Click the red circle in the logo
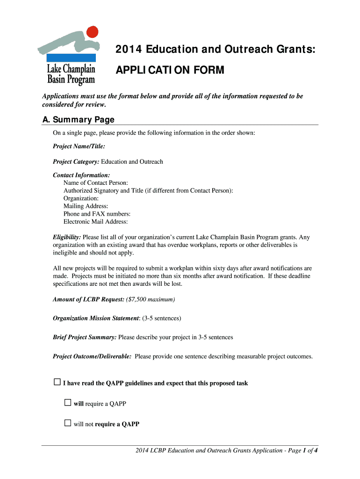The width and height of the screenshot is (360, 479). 93,32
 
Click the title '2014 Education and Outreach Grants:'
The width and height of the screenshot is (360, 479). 215,50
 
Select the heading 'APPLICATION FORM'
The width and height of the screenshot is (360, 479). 170,70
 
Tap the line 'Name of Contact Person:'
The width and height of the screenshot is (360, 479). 95,183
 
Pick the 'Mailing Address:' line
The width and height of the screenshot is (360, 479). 86,206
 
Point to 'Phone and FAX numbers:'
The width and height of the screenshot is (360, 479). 97,214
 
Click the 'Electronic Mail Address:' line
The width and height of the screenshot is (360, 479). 95,222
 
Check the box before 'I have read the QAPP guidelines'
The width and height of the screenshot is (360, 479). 57,382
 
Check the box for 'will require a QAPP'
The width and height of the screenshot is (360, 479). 68,403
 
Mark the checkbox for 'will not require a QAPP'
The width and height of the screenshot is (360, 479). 68,423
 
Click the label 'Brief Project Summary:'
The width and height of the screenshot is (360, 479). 85,337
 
